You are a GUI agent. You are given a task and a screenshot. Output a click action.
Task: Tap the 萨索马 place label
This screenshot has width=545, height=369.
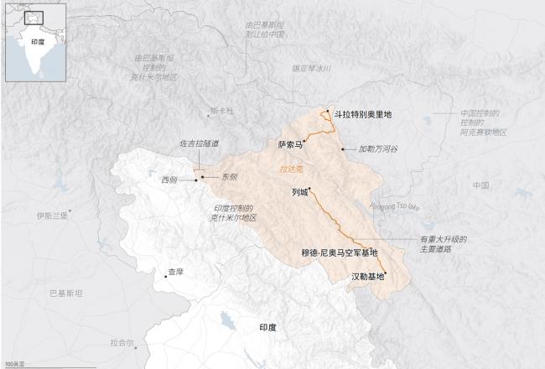289,143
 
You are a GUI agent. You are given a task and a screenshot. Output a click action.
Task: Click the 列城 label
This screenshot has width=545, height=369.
299,192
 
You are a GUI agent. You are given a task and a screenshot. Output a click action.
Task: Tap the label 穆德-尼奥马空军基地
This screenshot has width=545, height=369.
340,252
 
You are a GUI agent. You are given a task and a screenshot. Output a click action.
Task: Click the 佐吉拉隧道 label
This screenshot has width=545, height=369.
200,144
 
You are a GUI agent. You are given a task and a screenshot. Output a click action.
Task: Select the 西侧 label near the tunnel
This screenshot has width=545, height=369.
169,179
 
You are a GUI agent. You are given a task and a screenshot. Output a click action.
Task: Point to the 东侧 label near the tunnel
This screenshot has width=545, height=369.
228,177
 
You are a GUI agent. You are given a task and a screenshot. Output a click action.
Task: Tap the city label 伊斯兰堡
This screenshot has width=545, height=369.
51,216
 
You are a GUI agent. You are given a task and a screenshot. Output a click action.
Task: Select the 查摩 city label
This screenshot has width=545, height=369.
174,272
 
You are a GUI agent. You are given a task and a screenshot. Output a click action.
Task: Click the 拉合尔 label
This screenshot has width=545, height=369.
122,341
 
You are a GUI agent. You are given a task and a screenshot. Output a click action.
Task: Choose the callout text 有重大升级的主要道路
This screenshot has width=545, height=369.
443,244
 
